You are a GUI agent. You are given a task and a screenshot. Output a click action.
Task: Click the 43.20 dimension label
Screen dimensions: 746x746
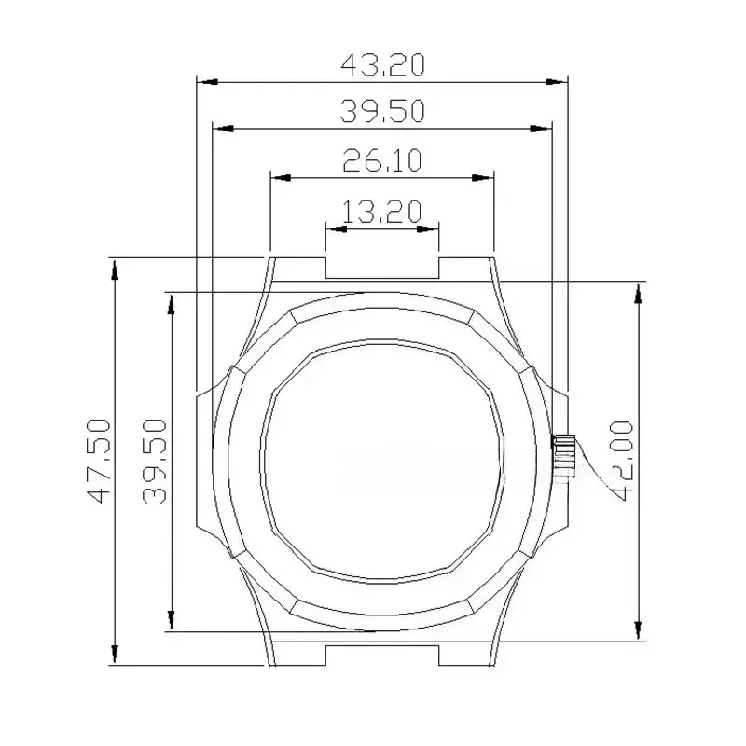click(x=382, y=65)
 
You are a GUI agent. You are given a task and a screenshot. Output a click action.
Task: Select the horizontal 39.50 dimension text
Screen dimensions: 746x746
click(x=382, y=112)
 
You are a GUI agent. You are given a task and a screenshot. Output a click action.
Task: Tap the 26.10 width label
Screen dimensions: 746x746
click(x=382, y=160)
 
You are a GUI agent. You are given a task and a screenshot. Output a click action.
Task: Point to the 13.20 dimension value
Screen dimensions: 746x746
click(x=382, y=212)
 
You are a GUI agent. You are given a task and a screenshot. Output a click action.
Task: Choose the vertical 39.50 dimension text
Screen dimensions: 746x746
click(x=155, y=461)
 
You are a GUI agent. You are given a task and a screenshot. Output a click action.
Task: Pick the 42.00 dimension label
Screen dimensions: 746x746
click(x=622, y=461)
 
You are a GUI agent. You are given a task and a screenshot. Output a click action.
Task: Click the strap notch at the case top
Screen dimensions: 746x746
click(x=382, y=268)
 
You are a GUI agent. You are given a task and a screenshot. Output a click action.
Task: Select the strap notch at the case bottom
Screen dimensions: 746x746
click(x=382, y=653)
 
